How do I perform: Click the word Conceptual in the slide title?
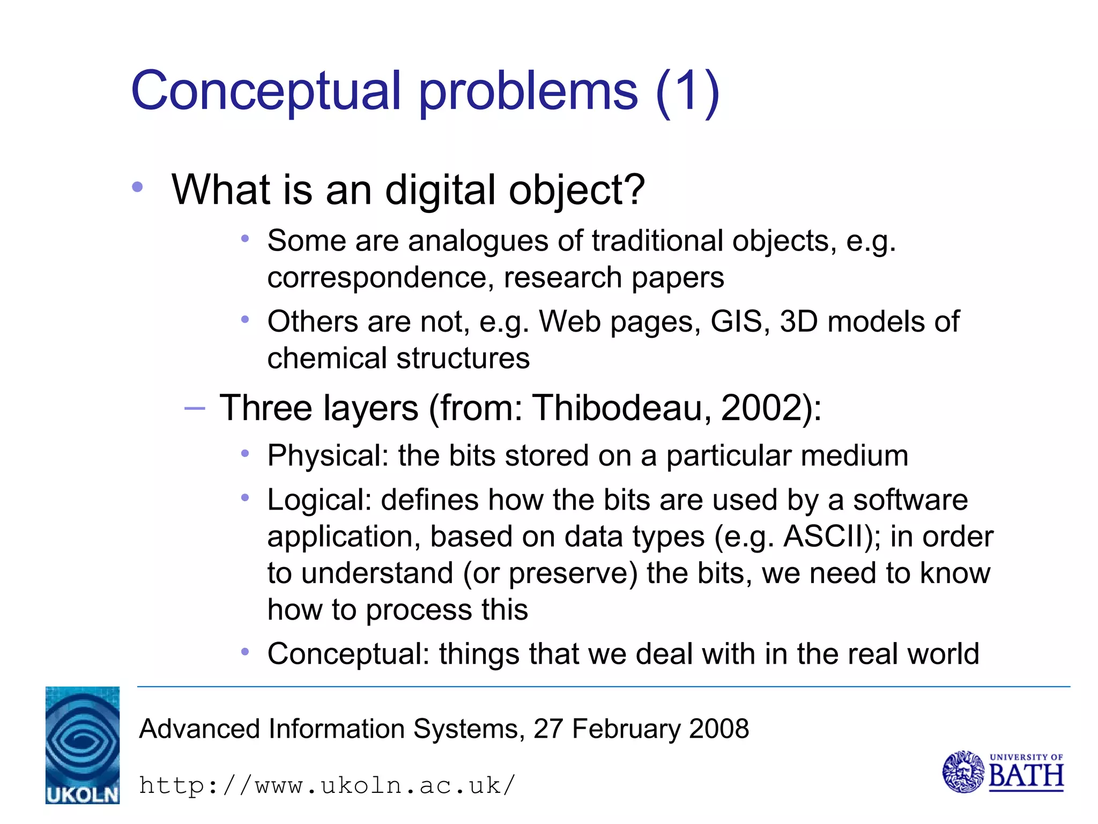click(x=265, y=91)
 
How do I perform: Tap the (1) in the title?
click(x=687, y=92)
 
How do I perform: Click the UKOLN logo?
click(x=83, y=745)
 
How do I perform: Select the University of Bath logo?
click(x=1003, y=772)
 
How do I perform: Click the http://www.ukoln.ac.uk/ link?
click(x=327, y=785)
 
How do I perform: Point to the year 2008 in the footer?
click(x=719, y=729)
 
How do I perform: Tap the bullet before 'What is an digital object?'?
click(x=138, y=187)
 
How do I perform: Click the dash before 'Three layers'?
click(x=194, y=409)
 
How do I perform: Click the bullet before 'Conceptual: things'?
click(x=245, y=652)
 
